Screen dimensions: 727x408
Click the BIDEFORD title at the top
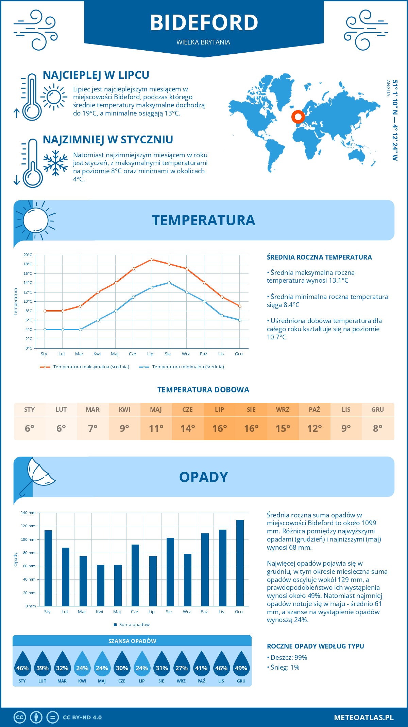[204, 23]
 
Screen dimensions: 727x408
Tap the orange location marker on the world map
[298, 117]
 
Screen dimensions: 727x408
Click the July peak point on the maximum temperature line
[151, 260]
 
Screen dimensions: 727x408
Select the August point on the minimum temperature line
[169, 283]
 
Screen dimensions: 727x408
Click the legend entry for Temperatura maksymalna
[85, 367]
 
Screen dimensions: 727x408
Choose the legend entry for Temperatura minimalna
[182, 367]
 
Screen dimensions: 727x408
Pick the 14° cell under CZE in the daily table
[188, 428]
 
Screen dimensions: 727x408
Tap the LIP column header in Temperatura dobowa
[219, 410]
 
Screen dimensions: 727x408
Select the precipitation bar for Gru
[240, 563]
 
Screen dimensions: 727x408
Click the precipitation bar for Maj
[118, 585]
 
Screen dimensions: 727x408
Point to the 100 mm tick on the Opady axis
[29, 539]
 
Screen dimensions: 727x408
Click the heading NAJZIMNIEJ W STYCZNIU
[108, 140]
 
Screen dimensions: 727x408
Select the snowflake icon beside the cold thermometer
[55, 163]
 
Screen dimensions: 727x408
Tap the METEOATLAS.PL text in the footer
[363, 717]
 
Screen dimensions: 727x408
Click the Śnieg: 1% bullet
[283, 667]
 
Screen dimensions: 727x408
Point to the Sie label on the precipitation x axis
[169, 612]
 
